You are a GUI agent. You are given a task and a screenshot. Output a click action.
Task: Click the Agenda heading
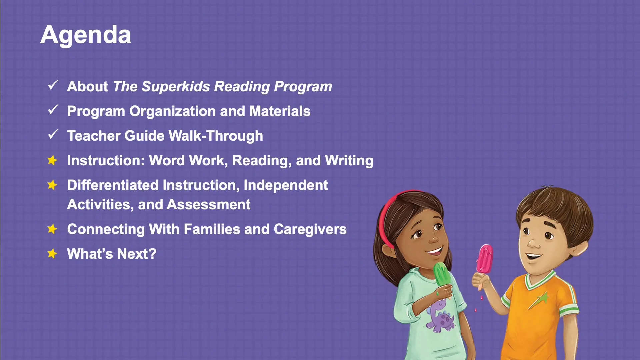coord(86,35)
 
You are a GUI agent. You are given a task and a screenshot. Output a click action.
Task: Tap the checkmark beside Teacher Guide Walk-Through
coord(53,134)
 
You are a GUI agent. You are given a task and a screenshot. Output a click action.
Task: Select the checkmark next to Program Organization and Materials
coord(53,110)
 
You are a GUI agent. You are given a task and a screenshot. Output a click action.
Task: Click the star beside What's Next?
coord(52,254)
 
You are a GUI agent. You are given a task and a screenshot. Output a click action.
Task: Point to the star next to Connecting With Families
coord(52,229)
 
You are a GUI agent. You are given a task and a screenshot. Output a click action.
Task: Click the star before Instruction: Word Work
coord(52,160)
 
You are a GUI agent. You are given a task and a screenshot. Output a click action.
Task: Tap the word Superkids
coord(176,87)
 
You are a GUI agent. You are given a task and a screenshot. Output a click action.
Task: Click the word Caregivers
coord(310,229)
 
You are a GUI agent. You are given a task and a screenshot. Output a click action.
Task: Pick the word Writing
coord(349,161)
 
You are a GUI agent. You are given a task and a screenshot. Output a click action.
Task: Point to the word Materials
coord(280,111)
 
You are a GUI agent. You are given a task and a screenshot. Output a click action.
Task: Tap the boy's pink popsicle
coord(484,258)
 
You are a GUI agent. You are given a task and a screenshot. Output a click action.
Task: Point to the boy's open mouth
coord(534,256)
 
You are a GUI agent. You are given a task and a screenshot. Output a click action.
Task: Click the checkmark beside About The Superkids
coord(53,85)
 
